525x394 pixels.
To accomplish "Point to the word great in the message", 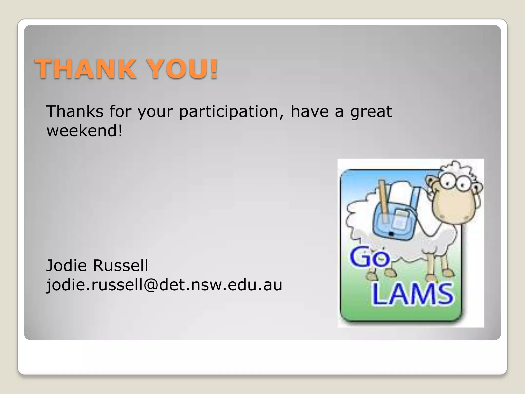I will click(x=371, y=112).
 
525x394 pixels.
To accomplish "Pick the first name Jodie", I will click(x=66, y=265).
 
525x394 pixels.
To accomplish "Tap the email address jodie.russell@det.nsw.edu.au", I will click(x=164, y=285).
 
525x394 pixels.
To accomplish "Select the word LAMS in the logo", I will click(x=412, y=294).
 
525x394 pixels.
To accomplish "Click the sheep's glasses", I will click(x=455, y=182).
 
